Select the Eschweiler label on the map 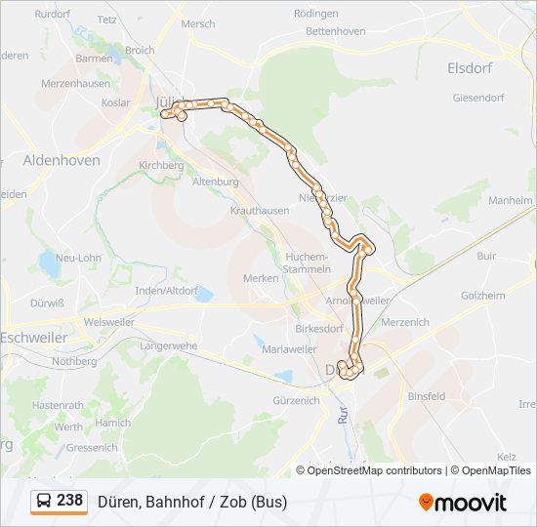(33, 337)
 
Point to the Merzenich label (405, 322)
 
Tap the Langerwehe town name (169, 345)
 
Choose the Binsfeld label (426, 396)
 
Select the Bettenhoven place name (335, 31)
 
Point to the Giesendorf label (477, 98)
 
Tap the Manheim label (510, 200)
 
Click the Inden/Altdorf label (167, 291)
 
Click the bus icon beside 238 (44, 502)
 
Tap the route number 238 (69, 501)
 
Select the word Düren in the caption (118, 502)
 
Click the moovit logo (463, 503)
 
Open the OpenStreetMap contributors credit (375, 470)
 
